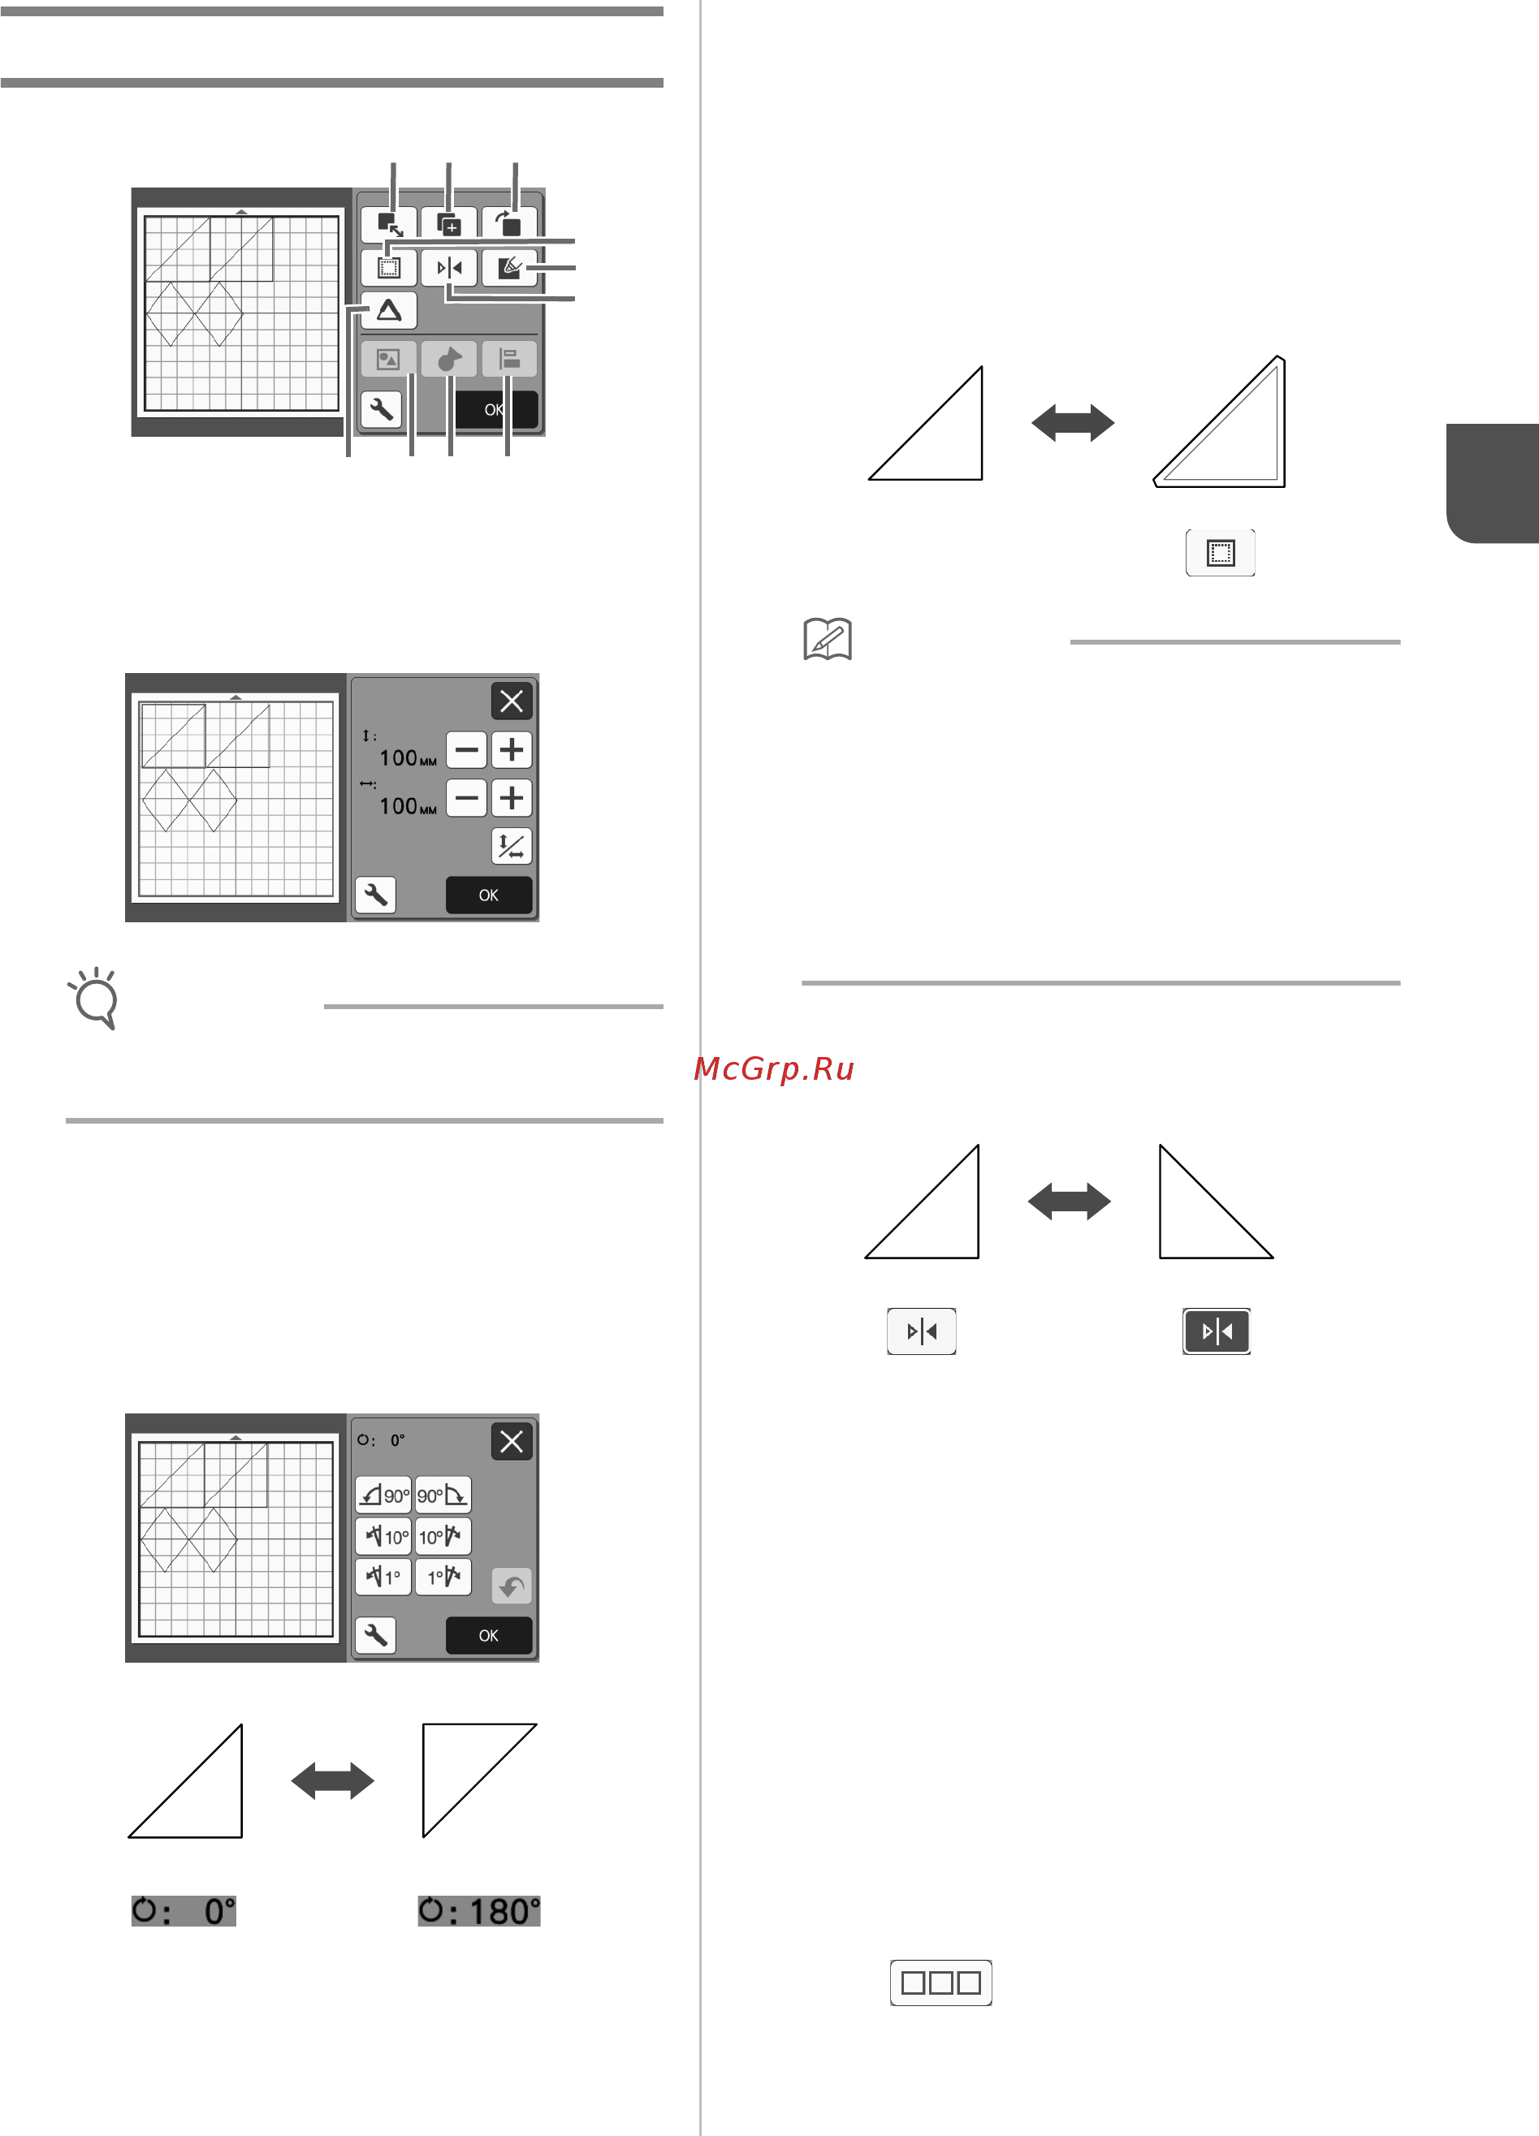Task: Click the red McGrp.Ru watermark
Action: click(773, 1068)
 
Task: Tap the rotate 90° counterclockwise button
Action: click(383, 1495)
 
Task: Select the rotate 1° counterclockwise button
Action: click(383, 1577)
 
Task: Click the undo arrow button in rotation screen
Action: click(512, 1586)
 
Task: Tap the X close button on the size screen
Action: click(512, 701)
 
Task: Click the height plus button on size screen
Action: click(512, 749)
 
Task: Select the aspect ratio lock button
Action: click(512, 846)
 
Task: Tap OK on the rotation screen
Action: click(489, 1636)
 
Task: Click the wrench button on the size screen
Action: click(376, 895)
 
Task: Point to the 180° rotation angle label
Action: click(479, 1911)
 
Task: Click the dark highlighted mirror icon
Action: click(1217, 1331)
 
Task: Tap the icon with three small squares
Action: click(941, 1983)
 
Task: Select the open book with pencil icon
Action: click(828, 640)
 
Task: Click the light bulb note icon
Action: click(94, 999)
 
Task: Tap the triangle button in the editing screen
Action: click(389, 310)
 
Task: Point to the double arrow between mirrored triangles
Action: click(1069, 1202)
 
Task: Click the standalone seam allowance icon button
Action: click(1221, 553)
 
